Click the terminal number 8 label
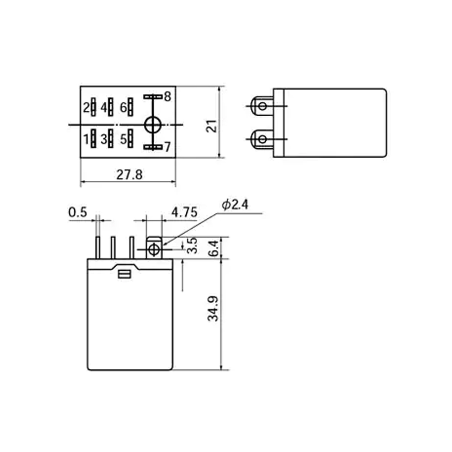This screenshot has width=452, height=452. (168, 97)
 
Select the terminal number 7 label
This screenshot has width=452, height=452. (168, 147)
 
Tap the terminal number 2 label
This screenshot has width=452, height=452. (86, 108)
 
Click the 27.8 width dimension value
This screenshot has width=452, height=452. (129, 174)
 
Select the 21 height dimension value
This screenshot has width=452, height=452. (212, 126)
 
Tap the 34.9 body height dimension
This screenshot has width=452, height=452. (213, 308)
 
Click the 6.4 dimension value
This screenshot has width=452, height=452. (214, 249)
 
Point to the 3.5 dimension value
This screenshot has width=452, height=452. (192, 245)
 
